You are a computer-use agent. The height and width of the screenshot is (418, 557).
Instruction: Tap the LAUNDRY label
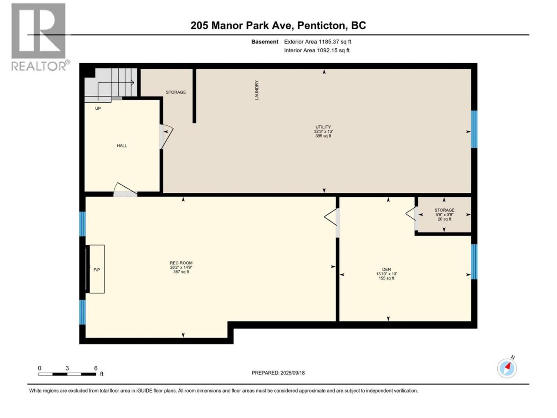[x=257, y=90]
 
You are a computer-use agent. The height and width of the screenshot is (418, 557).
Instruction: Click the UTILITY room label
[x=323, y=131]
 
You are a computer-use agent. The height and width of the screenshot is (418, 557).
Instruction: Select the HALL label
[x=122, y=146]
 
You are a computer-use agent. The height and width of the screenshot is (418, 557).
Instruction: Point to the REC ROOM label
[x=181, y=267]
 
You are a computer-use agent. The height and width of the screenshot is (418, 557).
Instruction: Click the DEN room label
[x=386, y=273]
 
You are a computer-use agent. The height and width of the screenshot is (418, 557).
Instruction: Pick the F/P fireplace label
[x=97, y=270]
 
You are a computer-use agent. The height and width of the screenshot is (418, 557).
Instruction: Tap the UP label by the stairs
[x=98, y=108]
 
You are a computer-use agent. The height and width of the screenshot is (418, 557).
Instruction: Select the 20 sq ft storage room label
[x=444, y=215]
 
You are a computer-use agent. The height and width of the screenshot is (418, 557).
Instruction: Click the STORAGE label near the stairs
[x=176, y=92]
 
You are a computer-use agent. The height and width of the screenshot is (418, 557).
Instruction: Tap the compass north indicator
[x=507, y=368]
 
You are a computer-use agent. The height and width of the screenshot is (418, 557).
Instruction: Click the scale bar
[x=67, y=374]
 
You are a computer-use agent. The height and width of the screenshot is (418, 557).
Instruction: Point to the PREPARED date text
[x=278, y=373]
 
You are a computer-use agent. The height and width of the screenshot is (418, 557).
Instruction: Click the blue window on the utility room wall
[x=474, y=129]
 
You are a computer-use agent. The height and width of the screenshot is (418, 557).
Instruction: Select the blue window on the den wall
[x=474, y=262]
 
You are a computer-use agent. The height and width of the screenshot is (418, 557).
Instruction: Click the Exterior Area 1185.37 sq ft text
[x=318, y=42]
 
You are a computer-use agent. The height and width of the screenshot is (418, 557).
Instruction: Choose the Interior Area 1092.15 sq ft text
[x=317, y=50]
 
